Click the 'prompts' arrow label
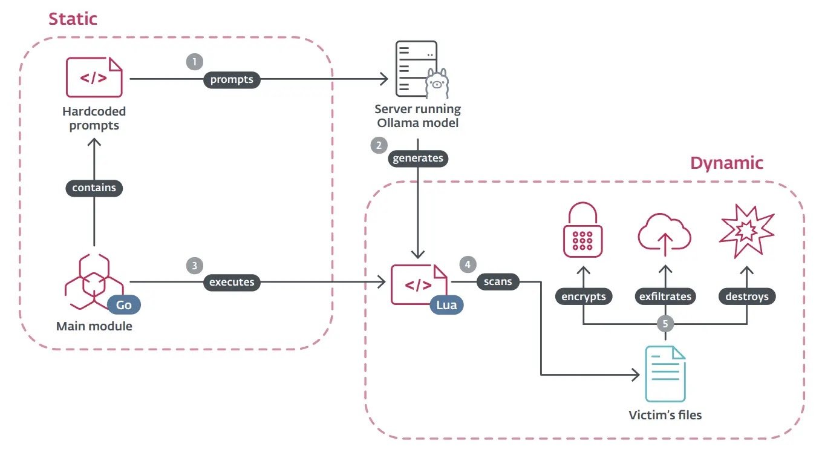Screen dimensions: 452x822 click(232, 79)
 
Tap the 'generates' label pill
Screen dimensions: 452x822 click(418, 159)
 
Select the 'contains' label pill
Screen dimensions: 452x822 click(94, 188)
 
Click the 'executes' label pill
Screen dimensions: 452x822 click(232, 282)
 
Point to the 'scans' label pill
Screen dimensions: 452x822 click(498, 282)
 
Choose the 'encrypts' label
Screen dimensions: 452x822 click(583, 296)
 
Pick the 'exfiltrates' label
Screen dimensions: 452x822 click(665, 296)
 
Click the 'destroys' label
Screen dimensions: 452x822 click(747, 296)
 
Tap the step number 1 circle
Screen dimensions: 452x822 click(194, 61)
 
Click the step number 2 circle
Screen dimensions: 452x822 click(379, 145)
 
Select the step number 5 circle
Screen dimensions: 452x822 click(665, 324)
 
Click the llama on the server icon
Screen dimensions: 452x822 click(436, 85)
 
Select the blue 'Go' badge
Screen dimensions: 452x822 click(124, 304)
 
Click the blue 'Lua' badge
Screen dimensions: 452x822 click(447, 305)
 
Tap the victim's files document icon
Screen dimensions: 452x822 click(665, 373)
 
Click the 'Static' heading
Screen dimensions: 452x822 click(73, 18)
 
